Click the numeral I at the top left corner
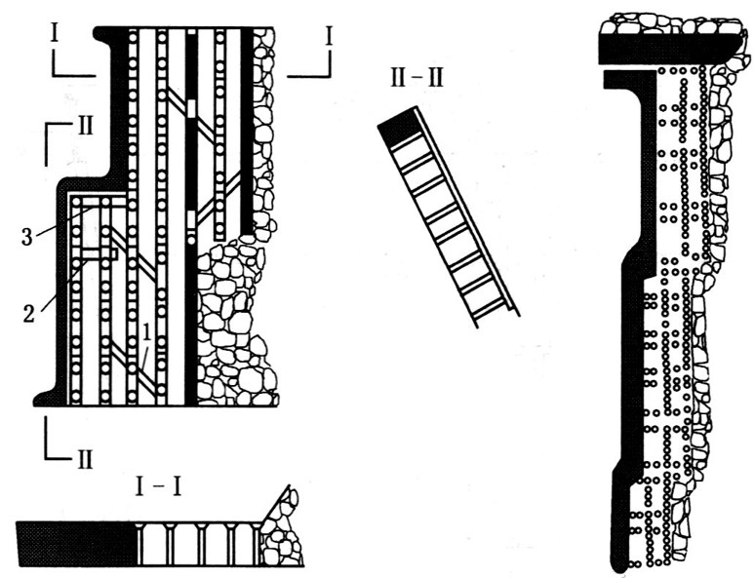[57, 35]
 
